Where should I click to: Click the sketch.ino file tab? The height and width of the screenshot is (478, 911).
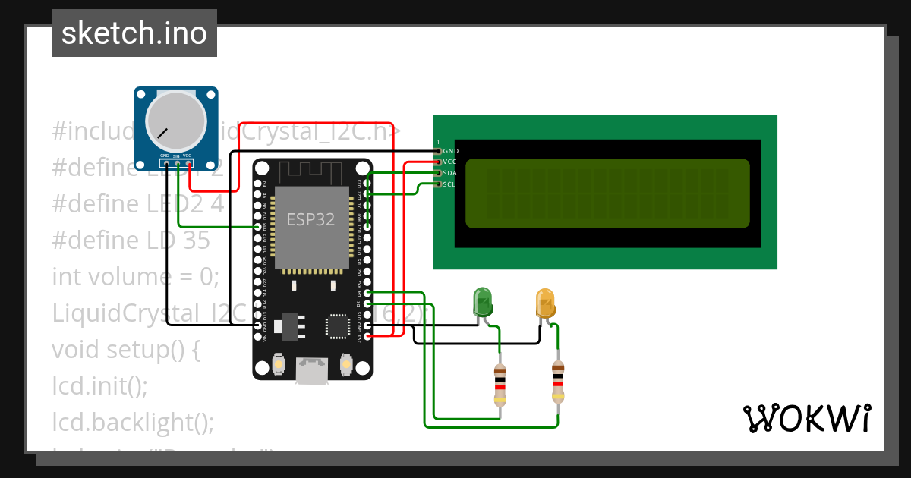click(x=134, y=33)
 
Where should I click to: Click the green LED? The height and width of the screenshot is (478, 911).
click(x=482, y=302)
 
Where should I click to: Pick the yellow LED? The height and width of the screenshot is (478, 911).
click(x=545, y=303)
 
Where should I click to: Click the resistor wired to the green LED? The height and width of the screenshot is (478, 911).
click(x=500, y=385)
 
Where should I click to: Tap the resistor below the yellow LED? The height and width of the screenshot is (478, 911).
click(x=558, y=382)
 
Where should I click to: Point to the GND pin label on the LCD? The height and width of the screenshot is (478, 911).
click(x=450, y=151)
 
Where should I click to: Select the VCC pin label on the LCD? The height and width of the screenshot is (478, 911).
click(x=449, y=162)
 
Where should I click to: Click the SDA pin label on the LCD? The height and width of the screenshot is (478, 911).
click(x=449, y=173)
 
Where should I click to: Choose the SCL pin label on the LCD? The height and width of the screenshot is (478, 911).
click(x=449, y=184)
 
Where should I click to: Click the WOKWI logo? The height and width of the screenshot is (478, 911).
click(x=806, y=418)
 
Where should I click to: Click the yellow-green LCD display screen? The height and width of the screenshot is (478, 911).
click(x=607, y=193)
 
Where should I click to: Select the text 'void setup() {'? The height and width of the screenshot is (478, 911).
click(x=125, y=350)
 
